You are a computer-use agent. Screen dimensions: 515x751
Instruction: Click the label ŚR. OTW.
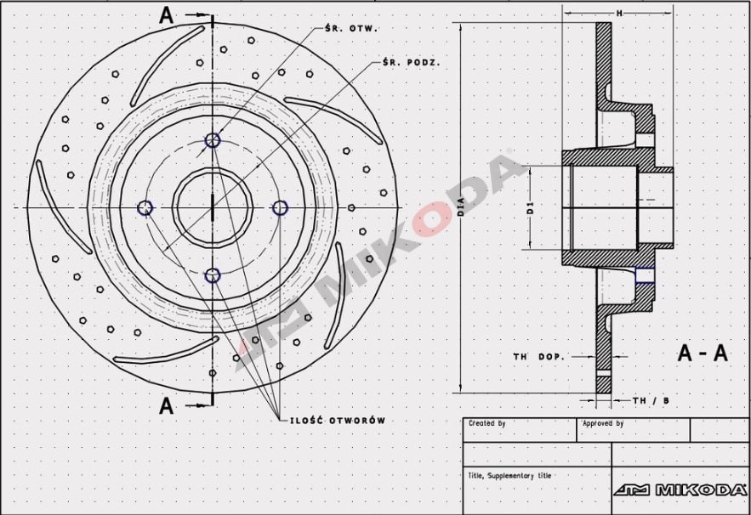coord(352,28)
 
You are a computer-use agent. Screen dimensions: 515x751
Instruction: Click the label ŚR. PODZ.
coord(411,63)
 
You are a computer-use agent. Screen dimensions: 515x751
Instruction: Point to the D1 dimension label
coord(529,207)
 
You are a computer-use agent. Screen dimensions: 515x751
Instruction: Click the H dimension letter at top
coord(618,13)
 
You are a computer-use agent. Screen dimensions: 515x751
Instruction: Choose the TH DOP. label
coord(538,357)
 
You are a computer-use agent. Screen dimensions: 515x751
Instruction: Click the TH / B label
coord(651,400)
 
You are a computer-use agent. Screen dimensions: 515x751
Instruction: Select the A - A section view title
coord(703,354)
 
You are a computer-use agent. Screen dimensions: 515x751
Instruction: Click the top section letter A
coord(167,14)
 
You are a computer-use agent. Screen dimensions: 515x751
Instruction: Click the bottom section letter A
coord(167,405)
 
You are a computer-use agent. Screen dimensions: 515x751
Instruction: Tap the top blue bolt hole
coord(213,140)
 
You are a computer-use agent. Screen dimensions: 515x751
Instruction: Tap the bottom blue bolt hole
coord(213,275)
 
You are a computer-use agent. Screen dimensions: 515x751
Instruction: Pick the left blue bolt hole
coord(145,207)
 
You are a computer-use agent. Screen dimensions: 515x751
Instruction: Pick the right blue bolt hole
coord(280,207)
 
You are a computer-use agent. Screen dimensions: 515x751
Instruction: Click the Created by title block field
coord(486,423)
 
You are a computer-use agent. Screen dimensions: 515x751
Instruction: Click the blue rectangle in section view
coord(646,274)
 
